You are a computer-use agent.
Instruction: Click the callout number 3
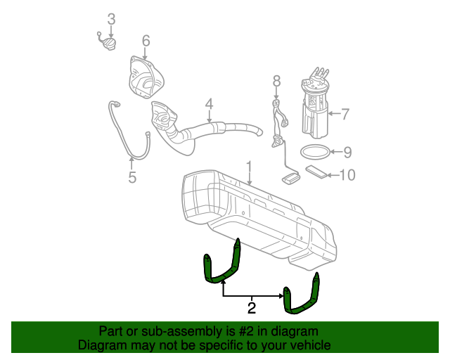coord(110,18)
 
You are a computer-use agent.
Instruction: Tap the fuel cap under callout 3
coord(106,45)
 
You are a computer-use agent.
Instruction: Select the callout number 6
coord(146,41)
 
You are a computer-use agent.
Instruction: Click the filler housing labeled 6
coord(145,79)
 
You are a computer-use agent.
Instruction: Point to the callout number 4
coord(209,105)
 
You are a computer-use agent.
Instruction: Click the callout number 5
coord(132,177)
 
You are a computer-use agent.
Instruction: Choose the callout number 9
coord(347,151)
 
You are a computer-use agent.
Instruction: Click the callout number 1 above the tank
coord(249,167)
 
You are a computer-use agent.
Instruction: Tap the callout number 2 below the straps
coord(251,307)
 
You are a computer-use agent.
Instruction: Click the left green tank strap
coord(221,265)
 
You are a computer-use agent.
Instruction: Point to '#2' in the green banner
coord(242,331)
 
